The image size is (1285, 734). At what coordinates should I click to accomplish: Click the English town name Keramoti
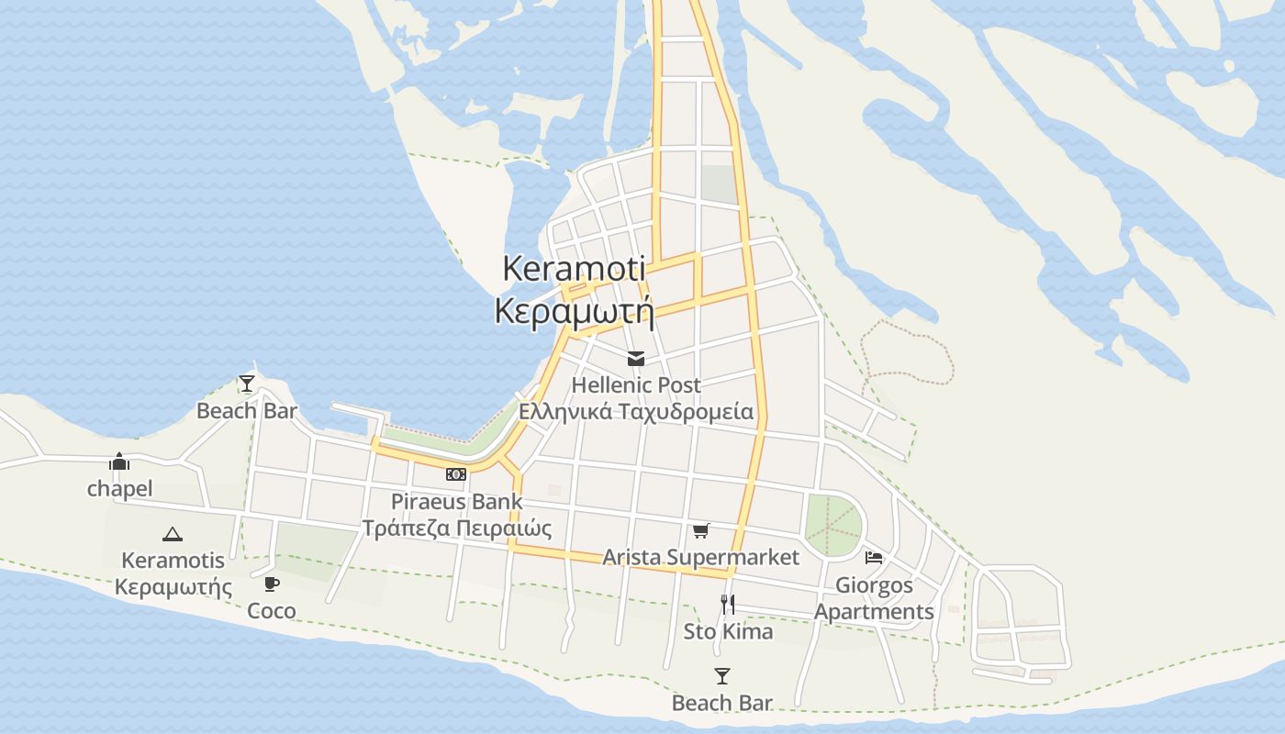tap(574, 268)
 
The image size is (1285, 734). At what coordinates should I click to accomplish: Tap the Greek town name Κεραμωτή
tap(574, 311)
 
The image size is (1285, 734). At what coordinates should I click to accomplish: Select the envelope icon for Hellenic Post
tap(635, 359)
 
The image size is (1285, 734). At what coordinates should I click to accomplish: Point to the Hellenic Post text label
tap(635, 384)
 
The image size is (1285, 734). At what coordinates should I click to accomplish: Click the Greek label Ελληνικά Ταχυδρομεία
tap(635, 411)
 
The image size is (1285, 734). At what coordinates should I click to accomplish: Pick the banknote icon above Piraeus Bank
tap(456, 474)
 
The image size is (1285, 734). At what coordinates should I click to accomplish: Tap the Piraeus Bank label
tap(456, 501)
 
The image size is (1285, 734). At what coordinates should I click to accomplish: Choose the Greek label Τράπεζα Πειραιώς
tap(456, 528)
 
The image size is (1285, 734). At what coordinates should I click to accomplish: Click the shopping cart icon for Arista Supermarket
tap(701, 530)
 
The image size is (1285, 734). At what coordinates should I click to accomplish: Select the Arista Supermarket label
tap(700, 557)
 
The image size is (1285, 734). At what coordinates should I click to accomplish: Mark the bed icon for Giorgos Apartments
tap(874, 557)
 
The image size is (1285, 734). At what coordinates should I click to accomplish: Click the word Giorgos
tap(874, 584)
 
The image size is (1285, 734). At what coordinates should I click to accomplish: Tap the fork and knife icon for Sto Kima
tap(728, 604)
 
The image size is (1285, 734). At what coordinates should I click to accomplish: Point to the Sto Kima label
tap(728, 631)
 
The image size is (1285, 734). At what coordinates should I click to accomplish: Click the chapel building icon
tap(119, 462)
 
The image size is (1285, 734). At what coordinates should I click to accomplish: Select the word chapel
tap(119, 488)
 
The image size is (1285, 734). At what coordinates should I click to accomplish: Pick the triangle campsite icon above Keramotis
tap(172, 534)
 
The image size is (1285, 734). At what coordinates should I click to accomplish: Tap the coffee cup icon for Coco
tap(272, 584)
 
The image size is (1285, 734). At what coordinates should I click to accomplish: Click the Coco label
tap(272, 610)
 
